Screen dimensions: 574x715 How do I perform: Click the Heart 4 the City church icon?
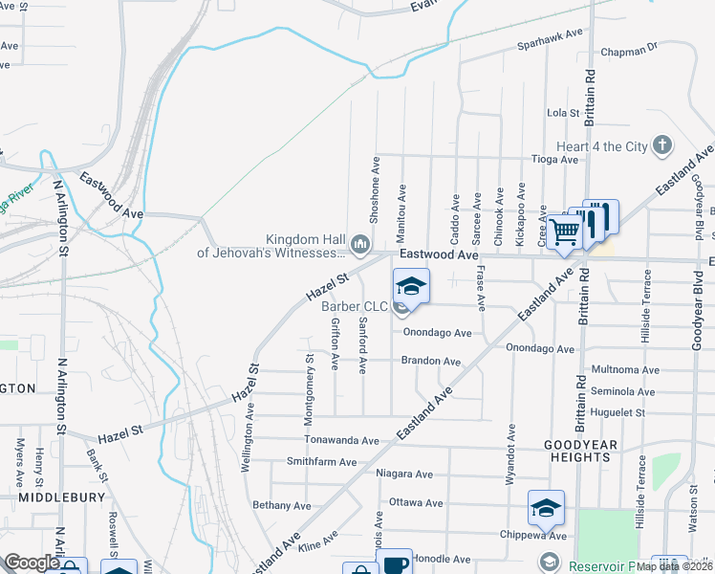coord(662,145)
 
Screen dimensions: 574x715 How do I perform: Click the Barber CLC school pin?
coord(410,286)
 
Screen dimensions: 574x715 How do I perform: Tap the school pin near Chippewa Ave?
coord(546,508)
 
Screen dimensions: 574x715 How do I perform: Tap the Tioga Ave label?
coord(555,160)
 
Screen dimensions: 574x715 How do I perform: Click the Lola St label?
coord(563,113)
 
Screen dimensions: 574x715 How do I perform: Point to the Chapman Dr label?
coord(629,47)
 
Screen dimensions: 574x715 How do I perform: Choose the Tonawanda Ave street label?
coord(341,441)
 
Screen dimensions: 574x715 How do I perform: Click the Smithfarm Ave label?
coord(327,461)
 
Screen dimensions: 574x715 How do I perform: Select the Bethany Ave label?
coord(282,505)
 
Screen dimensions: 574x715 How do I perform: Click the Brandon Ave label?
coord(431,362)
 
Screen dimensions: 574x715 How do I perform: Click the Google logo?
coord(32,563)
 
